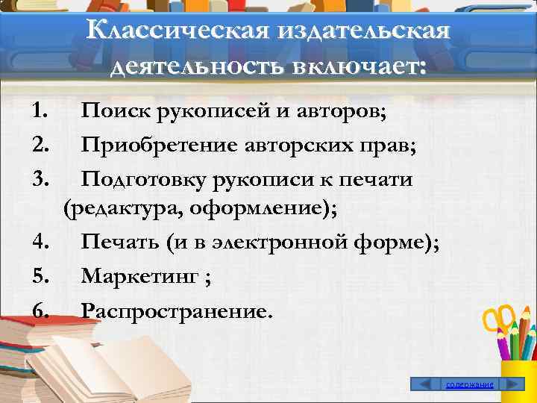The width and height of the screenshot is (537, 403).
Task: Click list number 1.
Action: click(x=40, y=113)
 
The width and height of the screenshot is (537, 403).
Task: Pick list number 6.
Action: click(x=40, y=310)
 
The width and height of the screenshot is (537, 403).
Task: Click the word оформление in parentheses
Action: click(x=264, y=209)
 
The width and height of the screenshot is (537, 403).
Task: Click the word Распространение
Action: click(x=172, y=310)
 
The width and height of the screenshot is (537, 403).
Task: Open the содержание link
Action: click(x=469, y=384)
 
